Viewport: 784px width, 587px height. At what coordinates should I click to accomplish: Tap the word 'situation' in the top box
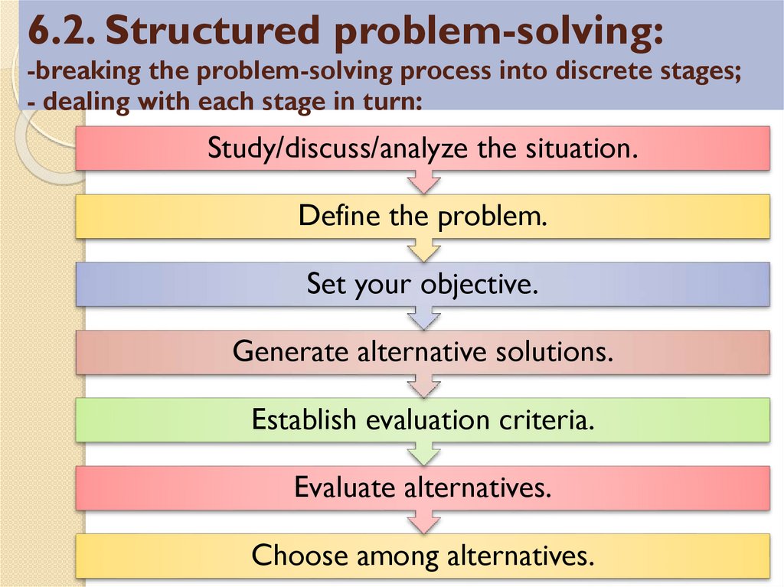pyautogui.click(x=581, y=148)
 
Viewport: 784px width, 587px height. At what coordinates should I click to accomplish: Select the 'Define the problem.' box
pyautogui.click(x=423, y=217)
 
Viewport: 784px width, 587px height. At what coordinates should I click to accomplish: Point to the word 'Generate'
pyautogui.click(x=292, y=352)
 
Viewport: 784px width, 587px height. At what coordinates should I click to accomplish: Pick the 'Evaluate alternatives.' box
pyautogui.click(x=423, y=488)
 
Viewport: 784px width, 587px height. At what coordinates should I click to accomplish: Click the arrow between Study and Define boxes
pyautogui.click(x=423, y=182)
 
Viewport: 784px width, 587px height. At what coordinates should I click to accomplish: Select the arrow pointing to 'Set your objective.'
pyautogui.click(x=423, y=250)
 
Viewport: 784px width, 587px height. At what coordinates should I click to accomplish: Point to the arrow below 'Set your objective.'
pyautogui.click(x=423, y=318)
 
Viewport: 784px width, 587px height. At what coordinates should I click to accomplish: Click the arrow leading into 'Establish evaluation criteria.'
pyautogui.click(x=423, y=386)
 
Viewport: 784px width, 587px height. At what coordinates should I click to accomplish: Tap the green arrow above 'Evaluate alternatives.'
pyautogui.click(x=423, y=454)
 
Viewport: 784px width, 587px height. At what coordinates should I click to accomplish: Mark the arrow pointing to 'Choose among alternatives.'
pyautogui.click(x=423, y=522)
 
